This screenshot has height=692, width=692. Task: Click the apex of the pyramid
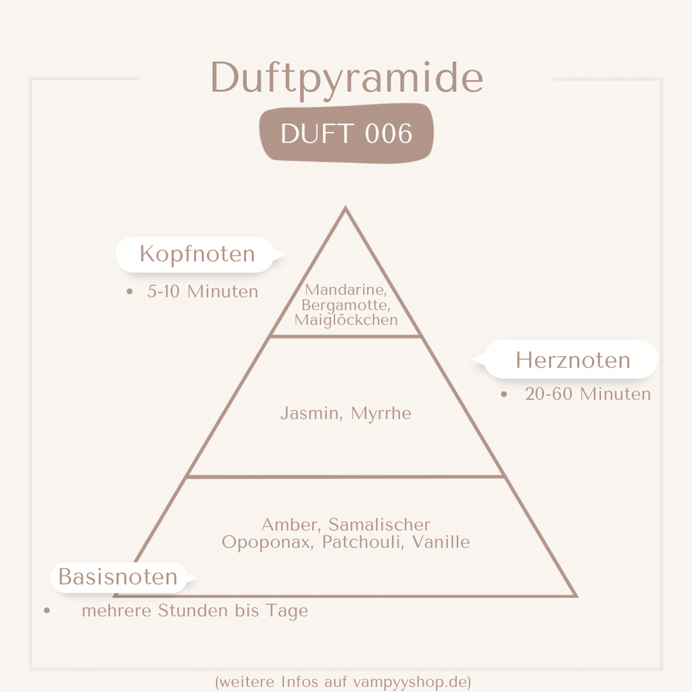pos(345,207)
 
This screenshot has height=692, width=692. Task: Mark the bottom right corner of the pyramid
pos(577,597)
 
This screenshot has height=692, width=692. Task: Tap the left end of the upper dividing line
pos(270,337)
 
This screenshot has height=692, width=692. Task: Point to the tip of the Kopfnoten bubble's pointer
pos(285,255)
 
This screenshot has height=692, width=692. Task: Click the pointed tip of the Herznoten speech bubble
pos(472,360)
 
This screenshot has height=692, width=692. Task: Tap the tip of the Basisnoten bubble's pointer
pos(197,577)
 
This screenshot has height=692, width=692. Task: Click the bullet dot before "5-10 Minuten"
pos(129,292)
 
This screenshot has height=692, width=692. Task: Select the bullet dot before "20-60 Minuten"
pos(504,394)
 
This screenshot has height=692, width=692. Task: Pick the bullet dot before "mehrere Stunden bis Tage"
pos(47,611)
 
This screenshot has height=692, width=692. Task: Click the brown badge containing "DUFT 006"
pos(347,133)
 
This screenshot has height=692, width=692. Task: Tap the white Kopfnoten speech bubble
pos(200,255)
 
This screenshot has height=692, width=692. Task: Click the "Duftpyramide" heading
pos(347,78)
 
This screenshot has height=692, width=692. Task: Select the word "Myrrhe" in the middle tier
pos(381,414)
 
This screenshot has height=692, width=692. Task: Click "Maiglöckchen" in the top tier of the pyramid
pos(346,320)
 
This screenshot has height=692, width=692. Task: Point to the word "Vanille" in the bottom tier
pos(441,542)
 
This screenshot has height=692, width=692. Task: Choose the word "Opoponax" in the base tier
pos(268,543)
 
